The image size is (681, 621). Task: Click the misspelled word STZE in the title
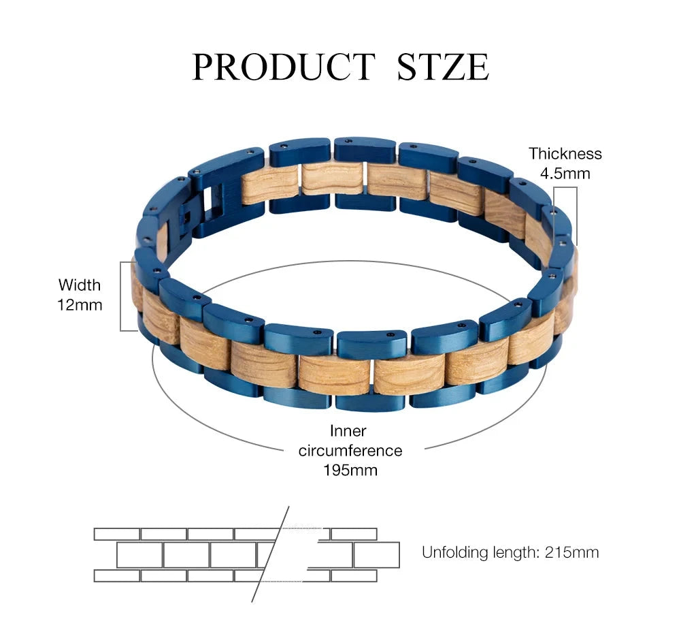[x=443, y=67]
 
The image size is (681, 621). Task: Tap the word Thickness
[x=565, y=154]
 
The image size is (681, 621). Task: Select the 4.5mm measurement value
[x=565, y=173]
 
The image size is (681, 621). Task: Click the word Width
[x=79, y=285]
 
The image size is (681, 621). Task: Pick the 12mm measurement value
[x=79, y=304]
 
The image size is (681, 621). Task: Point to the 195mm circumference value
[x=350, y=470]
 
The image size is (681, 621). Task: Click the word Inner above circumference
[x=348, y=431]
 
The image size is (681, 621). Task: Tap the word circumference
[x=350, y=450]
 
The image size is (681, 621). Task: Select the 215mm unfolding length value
[x=571, y=552]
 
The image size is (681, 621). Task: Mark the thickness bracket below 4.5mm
[x=576, y=214]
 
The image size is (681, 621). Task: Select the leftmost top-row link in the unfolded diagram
[x=117, y=534]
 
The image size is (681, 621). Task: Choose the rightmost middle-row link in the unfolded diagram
[x=376, y=555]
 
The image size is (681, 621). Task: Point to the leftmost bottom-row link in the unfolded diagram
[x=117, y=575]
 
